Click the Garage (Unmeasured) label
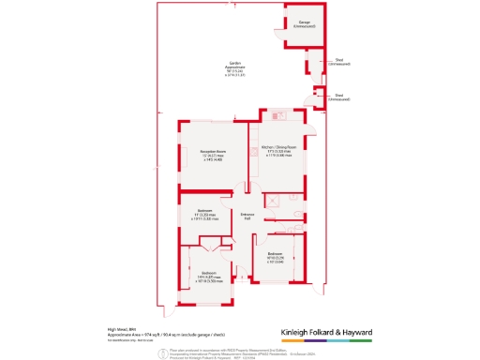(x=304, y=23)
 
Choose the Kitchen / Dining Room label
(x=278, y=151)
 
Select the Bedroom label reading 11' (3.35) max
(x=204, y=216)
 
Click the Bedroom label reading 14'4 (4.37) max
(x=209, y=277)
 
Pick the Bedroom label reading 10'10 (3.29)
(x=275, y=258)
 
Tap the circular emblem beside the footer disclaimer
(x=162, y=350)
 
